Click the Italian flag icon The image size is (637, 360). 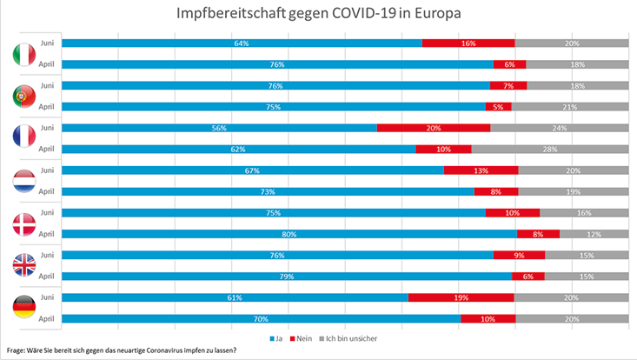pyautogui.click(x=23, y=54)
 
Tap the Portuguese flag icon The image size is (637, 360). pyautogui.click(x=23, y=97)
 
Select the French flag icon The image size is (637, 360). pyautogui.click(x=23, y=139)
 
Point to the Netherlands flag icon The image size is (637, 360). pyautogui.click(x=23, y=181)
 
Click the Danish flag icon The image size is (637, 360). pyautogui.click(x=23, y=223)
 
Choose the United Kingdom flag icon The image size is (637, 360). pyautogui.click(x=23, y=265)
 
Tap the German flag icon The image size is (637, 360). pyautogui.click(x=23, y=308)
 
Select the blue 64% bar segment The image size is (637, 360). pyautogui.click(x=242, y=43)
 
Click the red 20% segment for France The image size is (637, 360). pyautogui.click(x=434, y=128)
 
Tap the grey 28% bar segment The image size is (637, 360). pyautogui.click(x=549, y=149)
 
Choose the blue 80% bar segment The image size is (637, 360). pyautogui.click(x=289, y=234)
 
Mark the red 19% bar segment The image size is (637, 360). pyautogui.click(x=461, y=297)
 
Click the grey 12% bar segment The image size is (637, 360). pyautogui.click(x=594, y=234)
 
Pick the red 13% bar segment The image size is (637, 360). pyautogui.click(x=481, y=170)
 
